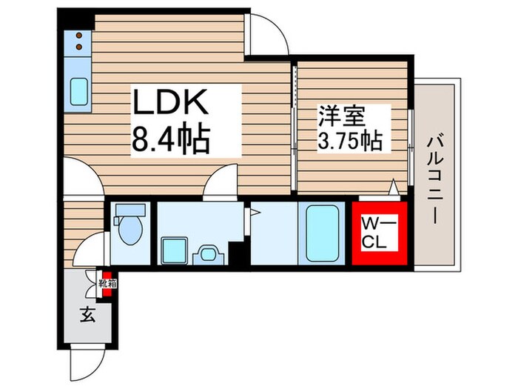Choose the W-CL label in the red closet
click(379, 231)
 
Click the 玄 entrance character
click(87, 315)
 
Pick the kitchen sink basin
click(79, 92)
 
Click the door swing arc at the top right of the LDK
click(266, 33)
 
